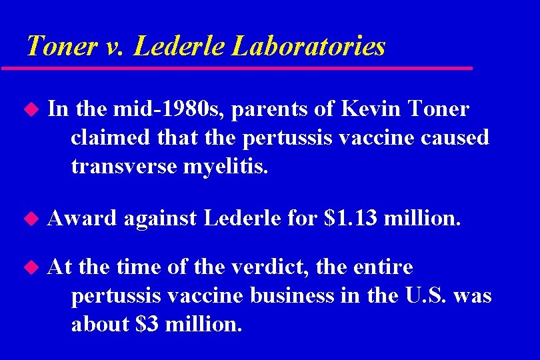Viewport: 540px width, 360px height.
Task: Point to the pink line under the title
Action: pyautogui.click(x=237, y=68)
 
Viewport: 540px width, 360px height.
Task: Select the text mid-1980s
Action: pyautogui.click(x=150, y=109)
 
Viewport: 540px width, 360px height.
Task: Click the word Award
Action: pyautogui.click(x=82, y=217)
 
